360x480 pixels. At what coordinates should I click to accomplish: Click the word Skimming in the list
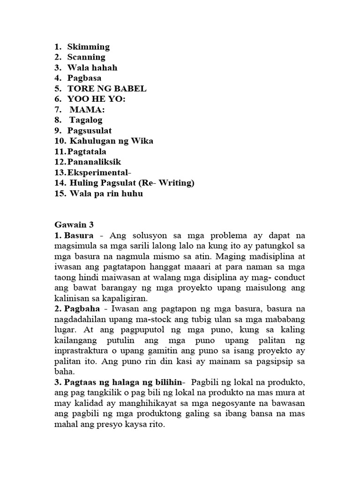tap(88, 47)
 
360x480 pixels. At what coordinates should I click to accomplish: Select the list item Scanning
tap(86, 57)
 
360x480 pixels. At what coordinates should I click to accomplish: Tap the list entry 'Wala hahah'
tap(92, 67)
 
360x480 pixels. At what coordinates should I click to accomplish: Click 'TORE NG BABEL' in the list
tap(107, 88)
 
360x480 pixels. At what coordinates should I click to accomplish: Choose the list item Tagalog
tap(86, 120)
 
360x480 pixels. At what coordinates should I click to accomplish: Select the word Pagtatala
tap(87, 151)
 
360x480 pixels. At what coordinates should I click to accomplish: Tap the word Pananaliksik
tap(94, 162)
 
